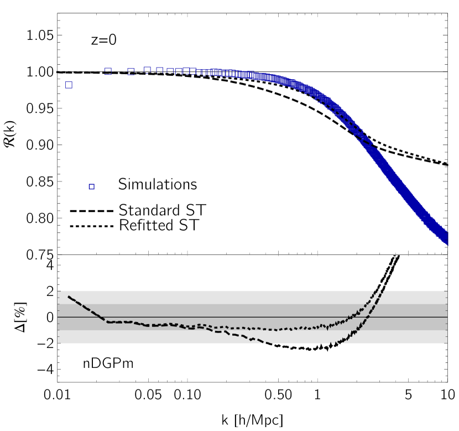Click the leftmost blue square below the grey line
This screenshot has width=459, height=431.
[69, 85]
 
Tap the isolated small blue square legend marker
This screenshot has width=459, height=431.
[92, 187]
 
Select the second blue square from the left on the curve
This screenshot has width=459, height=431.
[108, 71]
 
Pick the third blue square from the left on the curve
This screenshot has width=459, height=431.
[131, 71]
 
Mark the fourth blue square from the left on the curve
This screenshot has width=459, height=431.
[148, 70]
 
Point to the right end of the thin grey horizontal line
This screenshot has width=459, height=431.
[447, 72]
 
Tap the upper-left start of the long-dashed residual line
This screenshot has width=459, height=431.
[68, 297]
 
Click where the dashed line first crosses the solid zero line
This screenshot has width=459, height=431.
[100, 317]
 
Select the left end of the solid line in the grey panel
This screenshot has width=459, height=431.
[59, 317]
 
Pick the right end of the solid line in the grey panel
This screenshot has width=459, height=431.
[446, 317]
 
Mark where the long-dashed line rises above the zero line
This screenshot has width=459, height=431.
[368, 317]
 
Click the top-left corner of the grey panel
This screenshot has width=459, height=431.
[59, 291]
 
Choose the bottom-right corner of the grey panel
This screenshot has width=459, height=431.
[446, 343]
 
